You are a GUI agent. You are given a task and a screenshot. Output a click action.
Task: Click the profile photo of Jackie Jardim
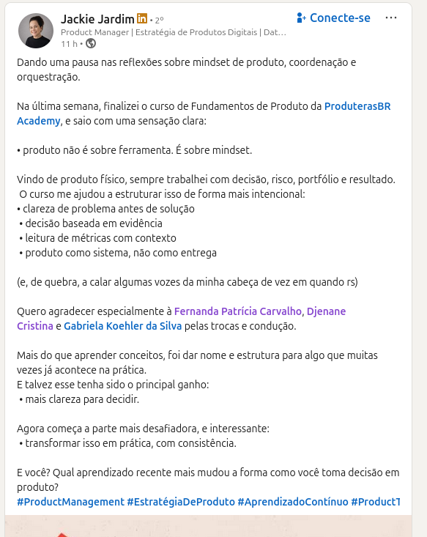[35, 31]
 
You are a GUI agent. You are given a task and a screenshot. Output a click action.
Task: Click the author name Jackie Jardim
[97, 18]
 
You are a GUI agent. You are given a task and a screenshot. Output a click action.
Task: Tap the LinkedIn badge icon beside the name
[142, 18]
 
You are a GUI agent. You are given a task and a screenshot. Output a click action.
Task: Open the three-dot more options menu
[391, 18]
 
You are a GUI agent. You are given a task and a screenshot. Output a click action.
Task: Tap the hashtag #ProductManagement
[70, 502]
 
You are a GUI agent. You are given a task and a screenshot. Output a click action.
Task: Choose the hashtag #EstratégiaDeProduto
[181, 502]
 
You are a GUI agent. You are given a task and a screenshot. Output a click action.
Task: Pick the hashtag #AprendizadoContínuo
[292, 502]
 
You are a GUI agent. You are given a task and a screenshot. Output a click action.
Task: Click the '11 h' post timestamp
[68, 44]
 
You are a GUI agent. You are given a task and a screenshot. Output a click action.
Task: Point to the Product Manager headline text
[95, 32]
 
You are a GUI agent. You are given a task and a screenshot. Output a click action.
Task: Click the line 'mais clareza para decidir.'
[81, 399]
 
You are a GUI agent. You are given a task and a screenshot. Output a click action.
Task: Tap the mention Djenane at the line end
[326, 311]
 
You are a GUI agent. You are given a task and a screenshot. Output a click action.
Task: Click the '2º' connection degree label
[159, 19]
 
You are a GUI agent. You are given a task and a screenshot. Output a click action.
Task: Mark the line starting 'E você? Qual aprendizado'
[207, 473]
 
